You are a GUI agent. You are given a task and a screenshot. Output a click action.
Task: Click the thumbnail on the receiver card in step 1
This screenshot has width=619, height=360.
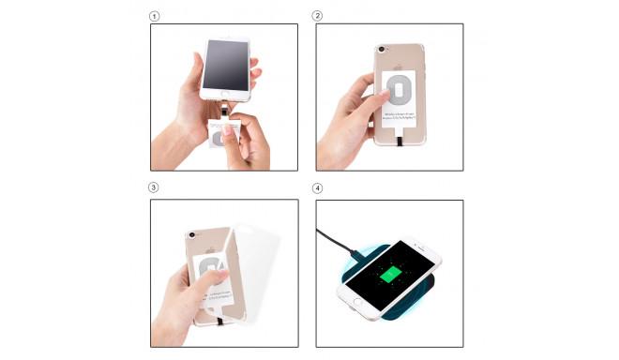click(x=224, y=137)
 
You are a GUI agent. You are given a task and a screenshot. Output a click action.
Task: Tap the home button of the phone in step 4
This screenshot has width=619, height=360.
click(x=357, y=299)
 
